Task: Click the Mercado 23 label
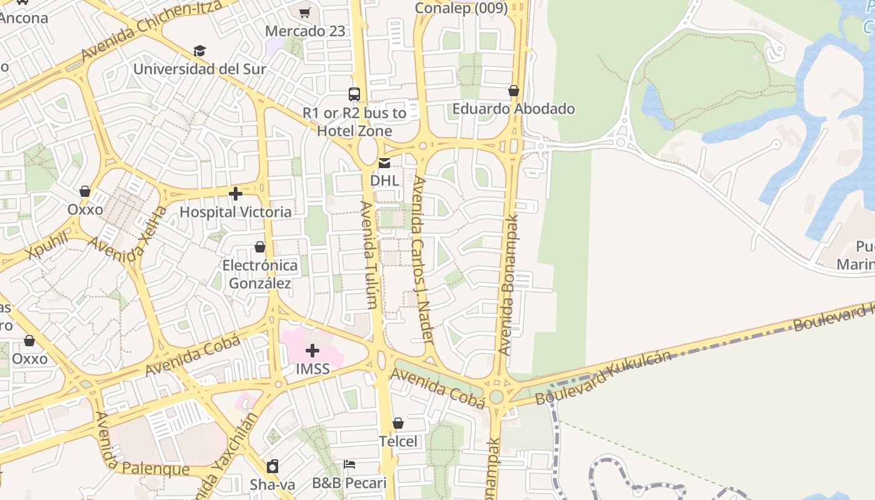coord(305,31)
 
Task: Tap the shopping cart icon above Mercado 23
coord(305,12)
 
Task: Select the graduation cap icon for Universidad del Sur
coord(199,51)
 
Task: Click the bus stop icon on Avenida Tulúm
coord(354,94)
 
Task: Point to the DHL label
coord(384,181)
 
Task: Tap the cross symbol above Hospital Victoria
coord(236,194)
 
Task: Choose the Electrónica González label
coord(260,274)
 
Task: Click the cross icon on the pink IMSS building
coord(312,351)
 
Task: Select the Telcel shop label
coord(398,441)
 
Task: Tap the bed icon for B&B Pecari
coord(349,464)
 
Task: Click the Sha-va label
coord(272,484)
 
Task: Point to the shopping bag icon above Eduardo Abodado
coord(514,91)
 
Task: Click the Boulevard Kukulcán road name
coord(603,377)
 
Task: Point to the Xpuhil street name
coord(47,245)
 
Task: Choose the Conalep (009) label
coord(461,8)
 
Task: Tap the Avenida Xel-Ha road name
coord(129,239)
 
